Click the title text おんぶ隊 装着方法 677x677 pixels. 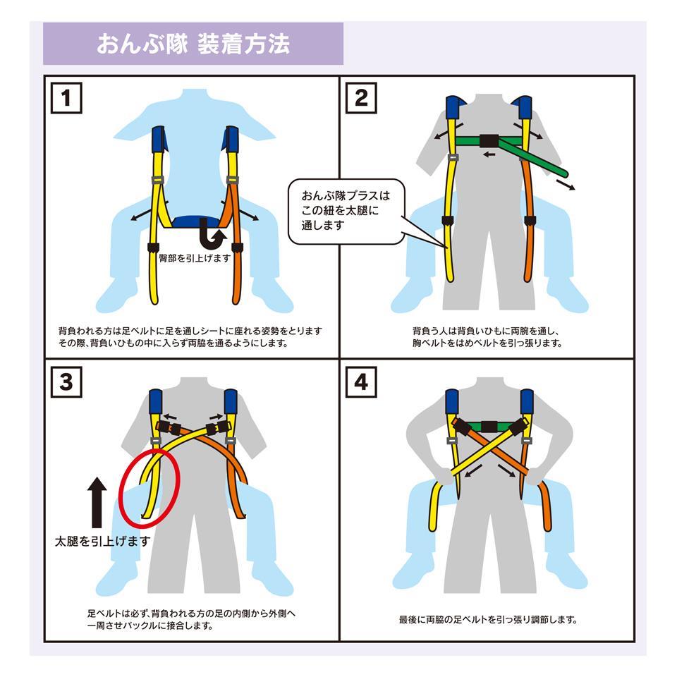click(193, 44)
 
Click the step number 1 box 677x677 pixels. click(66, 98)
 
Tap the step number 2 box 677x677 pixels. click(361, 98)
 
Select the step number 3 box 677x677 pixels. click(66, 382)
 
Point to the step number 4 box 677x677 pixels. click(361, 382)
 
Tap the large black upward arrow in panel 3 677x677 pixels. click(97, 503)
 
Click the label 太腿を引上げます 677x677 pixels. click(103, 541)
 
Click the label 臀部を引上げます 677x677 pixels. click(195, 258)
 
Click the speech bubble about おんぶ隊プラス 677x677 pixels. click(346, 212)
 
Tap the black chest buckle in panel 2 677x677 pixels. click(489, 141)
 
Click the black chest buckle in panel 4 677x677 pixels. click(489, 427)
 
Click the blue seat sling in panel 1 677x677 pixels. click(197, 221)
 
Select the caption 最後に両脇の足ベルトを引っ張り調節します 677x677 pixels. click(488, 620)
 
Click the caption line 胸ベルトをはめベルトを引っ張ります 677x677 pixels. click(487, 343)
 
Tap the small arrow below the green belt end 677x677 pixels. click(566, 185)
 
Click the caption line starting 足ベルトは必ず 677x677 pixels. click(191, 613)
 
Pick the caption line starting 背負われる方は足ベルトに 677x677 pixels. click(190, 331)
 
